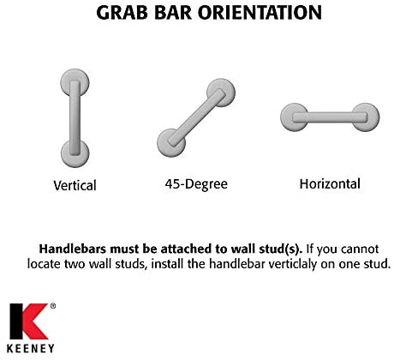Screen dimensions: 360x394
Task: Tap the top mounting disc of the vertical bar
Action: [75, 79]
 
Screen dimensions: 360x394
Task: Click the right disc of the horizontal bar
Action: [365, 117]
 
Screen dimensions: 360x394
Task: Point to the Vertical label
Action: [75, 185]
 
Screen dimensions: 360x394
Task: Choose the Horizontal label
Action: [330, 183]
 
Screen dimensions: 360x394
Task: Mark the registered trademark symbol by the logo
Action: [52, 306]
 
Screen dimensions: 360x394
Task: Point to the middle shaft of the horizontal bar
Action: [329, 117]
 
